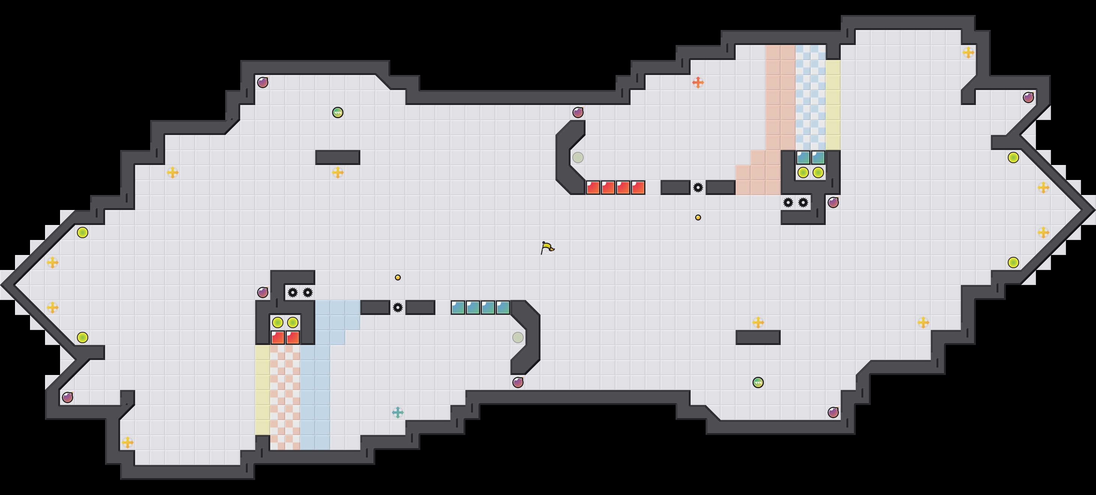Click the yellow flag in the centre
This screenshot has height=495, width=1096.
pos(547,247)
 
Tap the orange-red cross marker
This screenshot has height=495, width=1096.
pos(698,82)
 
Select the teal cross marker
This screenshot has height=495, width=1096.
pos(398,412)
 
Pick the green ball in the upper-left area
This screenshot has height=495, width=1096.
pos(337,112)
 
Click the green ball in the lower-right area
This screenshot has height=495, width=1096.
pos(758,382)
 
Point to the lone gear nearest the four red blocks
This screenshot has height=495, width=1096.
pos(698,187)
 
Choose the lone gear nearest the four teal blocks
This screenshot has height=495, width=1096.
pos(398,307)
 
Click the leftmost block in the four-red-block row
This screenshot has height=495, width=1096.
pos(593,187)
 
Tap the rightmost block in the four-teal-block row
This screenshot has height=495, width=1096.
pos(503,307)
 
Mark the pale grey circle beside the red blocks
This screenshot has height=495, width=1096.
pos(578,157)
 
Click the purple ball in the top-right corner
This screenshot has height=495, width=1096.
pos(1028,97)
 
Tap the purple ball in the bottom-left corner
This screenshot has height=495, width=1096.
pos(68,397)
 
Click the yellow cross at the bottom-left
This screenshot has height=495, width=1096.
pos(128,442)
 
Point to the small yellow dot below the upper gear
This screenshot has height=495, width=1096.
pos(698,217)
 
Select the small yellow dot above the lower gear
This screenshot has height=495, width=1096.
pos(398,277)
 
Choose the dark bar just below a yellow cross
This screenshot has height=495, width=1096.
pos(758,337)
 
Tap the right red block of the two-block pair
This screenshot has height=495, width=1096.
pos(293,337)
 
